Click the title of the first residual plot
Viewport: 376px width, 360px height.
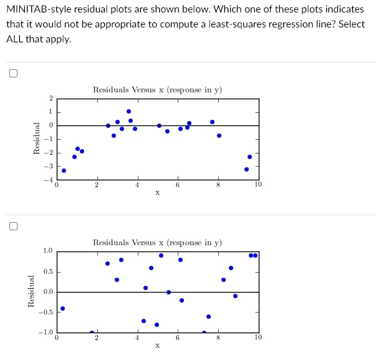(157, 90)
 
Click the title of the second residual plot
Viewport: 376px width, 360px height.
(157, 242)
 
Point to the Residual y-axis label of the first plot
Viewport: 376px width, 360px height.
(37, 139)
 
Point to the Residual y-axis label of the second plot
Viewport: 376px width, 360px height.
(31, 291)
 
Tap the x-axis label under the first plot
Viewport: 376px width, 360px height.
(157, 193)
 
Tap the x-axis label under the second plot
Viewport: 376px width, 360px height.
(157, 345)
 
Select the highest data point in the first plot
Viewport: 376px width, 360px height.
(128, 111)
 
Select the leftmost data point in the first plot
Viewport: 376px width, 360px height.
(64, 170)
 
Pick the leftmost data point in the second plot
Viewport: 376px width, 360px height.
(62, 308)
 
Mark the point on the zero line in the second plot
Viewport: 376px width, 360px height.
(168, 292)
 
